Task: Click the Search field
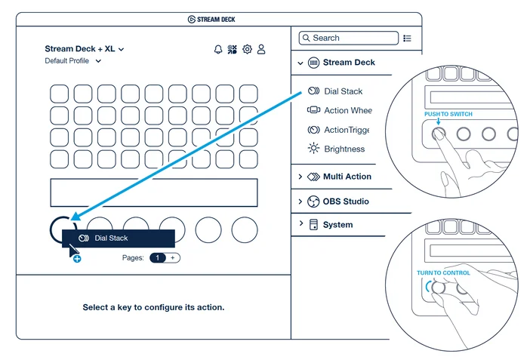coord(348,38)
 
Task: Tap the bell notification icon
coord(218,50)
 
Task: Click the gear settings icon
coord(247,50)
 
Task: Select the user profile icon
coord(261,50)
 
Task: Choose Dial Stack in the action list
coord(343,91)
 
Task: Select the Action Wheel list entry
coord(347,110)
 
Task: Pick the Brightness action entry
coord(344,149)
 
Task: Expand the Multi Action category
coord(347,177)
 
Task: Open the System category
coord(337,225)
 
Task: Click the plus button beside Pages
coord(172,258)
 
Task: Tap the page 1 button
coord(158,258)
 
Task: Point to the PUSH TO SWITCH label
coord(448,114)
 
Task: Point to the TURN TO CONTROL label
coord(443,273)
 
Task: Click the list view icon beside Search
coord(408,38)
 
